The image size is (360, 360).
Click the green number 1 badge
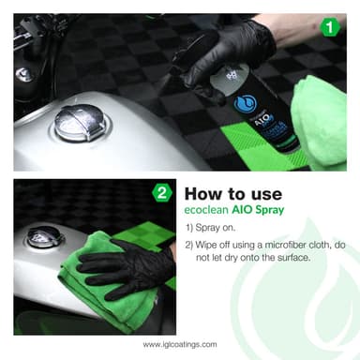click(x=328, y=27)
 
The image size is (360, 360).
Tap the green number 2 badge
click(x=161, y=195)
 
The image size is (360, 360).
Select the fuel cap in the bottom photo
click(x=45, y=236)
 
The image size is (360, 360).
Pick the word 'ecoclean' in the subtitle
click(x=207, y=213)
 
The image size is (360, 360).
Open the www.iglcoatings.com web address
click(x=180, y=344)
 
